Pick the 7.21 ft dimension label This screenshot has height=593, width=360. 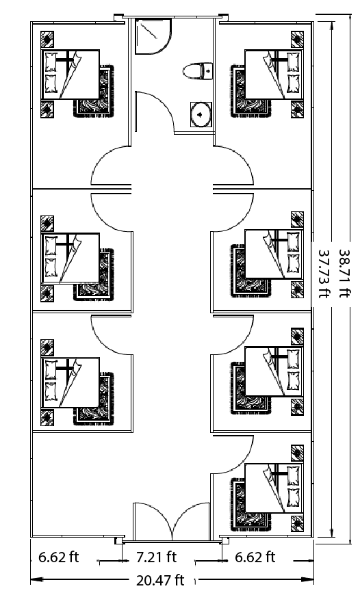tap(156, 557)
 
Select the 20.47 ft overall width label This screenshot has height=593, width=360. tap(160, 581)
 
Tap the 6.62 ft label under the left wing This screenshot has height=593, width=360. tap(58, 557)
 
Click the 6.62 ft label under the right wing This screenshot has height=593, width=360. tap(255, 557)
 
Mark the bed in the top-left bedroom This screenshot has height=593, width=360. tap(70, 74)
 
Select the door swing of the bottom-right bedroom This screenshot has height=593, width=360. tap(233, 456)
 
